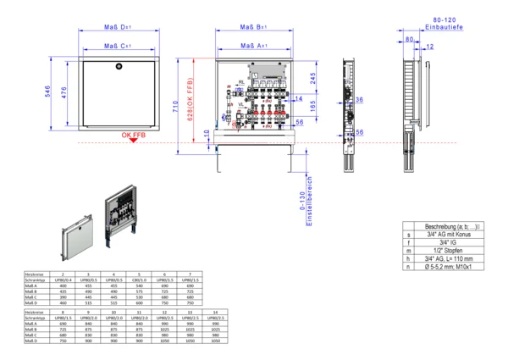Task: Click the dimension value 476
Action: [65, 91]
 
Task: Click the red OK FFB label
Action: [133, 135]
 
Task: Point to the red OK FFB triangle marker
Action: [134, 141]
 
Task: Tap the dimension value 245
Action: [312, 77]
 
